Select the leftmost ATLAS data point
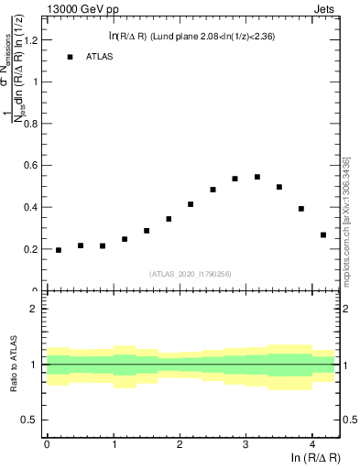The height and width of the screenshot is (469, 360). click(x=59, y=250)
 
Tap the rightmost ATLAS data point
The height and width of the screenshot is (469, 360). click(x=323, y=234)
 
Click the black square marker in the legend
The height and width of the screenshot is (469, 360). click(x=70, y=57)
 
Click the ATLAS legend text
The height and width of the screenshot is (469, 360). click(x=101, y=57)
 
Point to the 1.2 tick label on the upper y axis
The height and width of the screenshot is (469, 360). click(x=32, y=39)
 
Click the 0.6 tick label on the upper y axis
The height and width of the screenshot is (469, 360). click(x=32, y=165)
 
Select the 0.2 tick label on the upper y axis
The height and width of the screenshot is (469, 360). click(x=32, y=249)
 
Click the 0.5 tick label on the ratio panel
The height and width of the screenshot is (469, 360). click(x=32, y=420)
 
